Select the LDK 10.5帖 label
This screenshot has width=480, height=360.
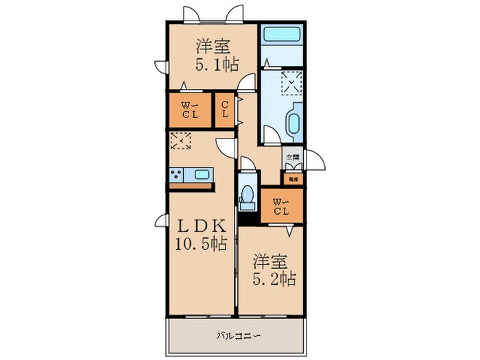coord(202,235)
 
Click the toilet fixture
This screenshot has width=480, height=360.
coord(248,194)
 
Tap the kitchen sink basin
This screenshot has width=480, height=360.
coord(201,173)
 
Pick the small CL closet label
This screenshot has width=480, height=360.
coord(225,110)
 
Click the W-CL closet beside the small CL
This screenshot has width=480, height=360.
coord(189,110)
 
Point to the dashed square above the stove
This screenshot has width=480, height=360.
coord(181,141)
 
